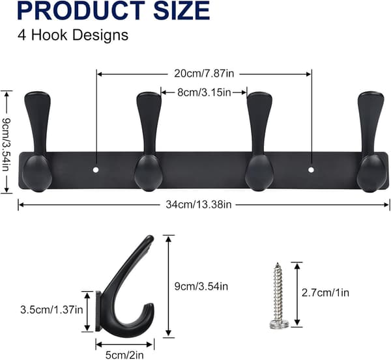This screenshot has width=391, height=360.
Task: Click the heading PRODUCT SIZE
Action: (x=113, y=10)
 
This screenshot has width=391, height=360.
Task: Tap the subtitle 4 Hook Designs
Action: (x=73, y=35)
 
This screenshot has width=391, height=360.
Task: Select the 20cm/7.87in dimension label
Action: (x=204, y=74)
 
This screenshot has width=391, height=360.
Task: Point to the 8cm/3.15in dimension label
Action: (x=204, y=92)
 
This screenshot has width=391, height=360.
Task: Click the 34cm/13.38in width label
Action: (x=199, y=204)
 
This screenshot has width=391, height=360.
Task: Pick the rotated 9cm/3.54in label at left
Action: (x=6, y=145)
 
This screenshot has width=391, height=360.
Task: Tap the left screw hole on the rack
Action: (x=96, y=170)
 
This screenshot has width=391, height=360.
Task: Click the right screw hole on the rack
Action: (x=311, y=170)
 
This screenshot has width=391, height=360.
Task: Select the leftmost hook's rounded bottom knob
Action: (x=37, y=174)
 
